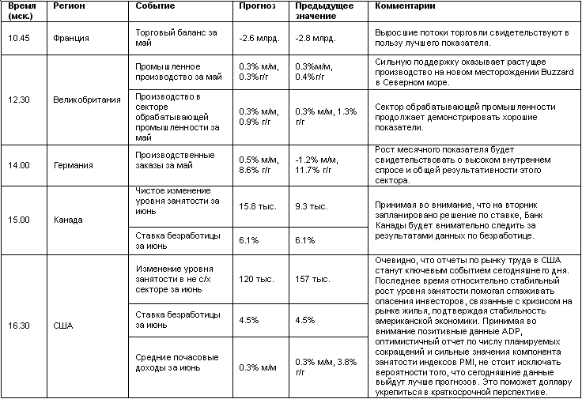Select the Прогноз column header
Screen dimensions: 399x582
(x=258, y=6)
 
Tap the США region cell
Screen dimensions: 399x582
(x=62, y=324)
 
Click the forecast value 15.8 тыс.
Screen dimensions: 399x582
(x=257, y=205)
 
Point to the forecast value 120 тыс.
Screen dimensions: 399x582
(x=255, y=279)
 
